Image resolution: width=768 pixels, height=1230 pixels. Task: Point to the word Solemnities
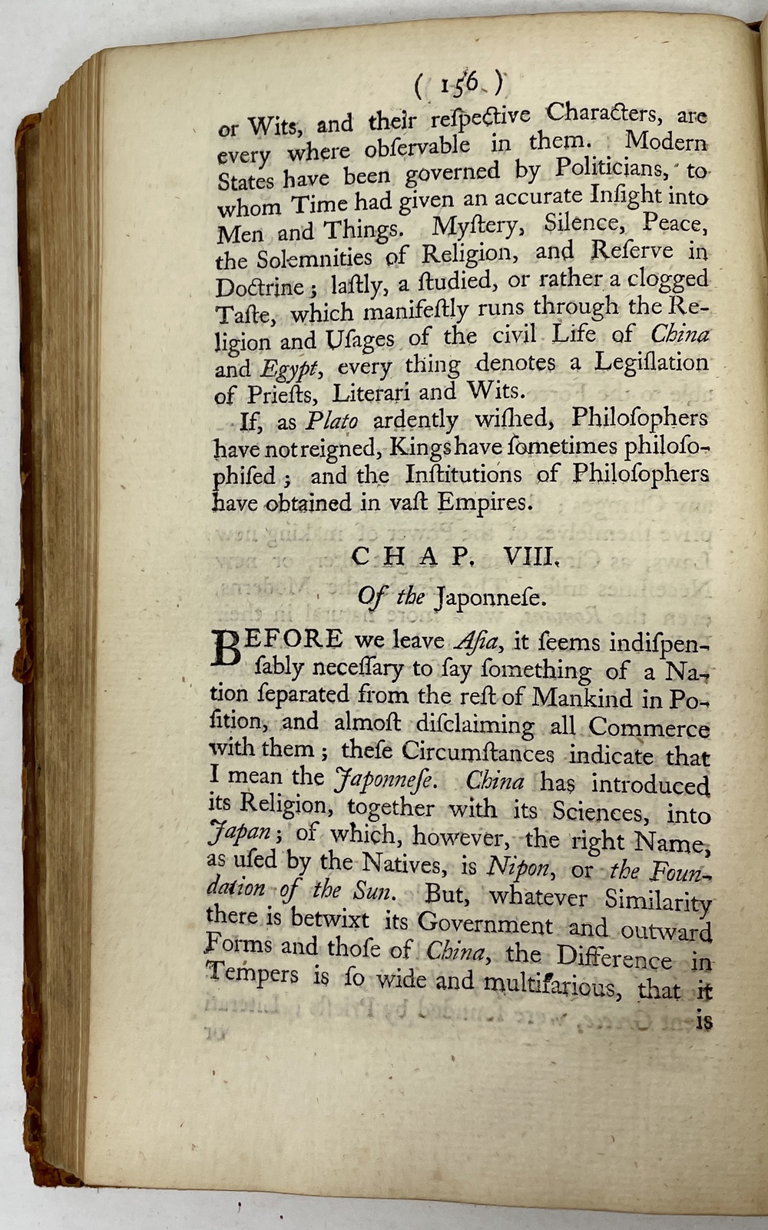coord(316,257)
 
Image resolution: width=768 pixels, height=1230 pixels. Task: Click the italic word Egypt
coord(287,370)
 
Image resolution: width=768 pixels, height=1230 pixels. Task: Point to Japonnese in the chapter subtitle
coord(491,597)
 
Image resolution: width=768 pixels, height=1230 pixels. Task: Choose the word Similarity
coord(658,900)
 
